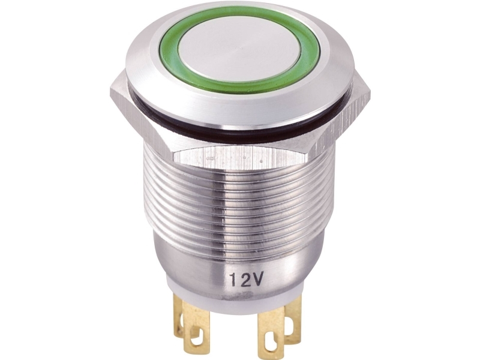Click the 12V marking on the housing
246,279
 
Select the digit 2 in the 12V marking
245,280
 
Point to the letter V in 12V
257,278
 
